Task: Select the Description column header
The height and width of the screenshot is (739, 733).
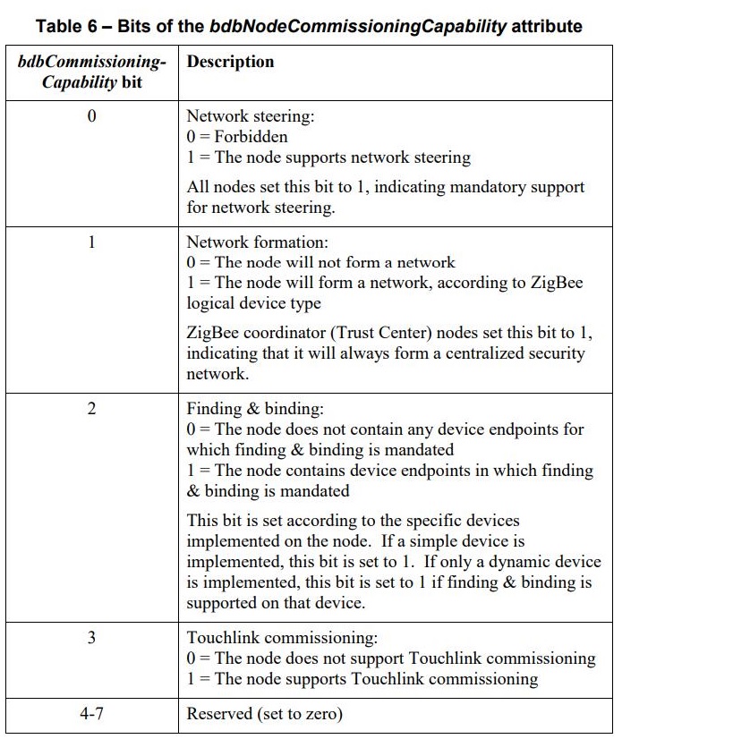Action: [x=230, y=62]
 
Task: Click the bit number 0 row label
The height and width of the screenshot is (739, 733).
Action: [x=91, y=116]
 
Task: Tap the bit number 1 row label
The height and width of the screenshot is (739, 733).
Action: [x=91, y=242]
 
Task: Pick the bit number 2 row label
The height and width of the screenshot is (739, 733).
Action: [x=91, y=409]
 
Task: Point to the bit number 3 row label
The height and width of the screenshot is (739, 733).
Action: [x=91, y=638]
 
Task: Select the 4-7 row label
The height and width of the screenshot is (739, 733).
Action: [x=91, y=714]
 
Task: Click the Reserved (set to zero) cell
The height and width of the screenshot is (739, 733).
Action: [x=264, y=714]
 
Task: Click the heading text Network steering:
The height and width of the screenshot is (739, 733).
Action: [x=238, y=116]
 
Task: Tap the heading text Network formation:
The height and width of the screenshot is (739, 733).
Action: [x=244, y=242]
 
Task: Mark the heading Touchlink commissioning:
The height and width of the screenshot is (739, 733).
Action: [x=282, y=638]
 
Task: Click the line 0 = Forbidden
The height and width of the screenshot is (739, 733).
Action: [x=237, y=137]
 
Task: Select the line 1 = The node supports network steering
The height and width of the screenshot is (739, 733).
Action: [x=328, y=157]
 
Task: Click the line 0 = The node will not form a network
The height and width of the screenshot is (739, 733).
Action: [x=320, y=263]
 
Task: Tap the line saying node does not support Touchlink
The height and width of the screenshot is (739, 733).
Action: [x=391, y=658]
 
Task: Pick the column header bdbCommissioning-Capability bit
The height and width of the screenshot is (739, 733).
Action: [x=91, y=72]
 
